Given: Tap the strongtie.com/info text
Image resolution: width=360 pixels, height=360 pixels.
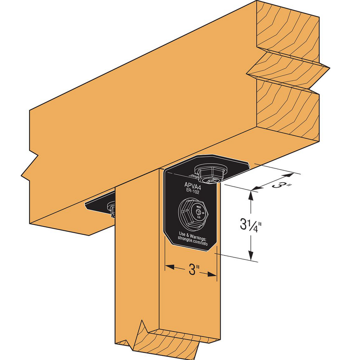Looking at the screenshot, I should [193, 239].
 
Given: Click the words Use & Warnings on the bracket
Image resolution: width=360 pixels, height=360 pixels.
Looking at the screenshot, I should [193, 234].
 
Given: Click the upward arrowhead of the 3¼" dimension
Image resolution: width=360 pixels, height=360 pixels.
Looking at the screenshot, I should [250, 195].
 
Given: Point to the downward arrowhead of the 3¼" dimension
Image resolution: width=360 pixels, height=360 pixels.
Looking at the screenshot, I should [250, 257].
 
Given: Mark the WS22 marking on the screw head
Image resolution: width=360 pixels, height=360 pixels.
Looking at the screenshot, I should [199, 207].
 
